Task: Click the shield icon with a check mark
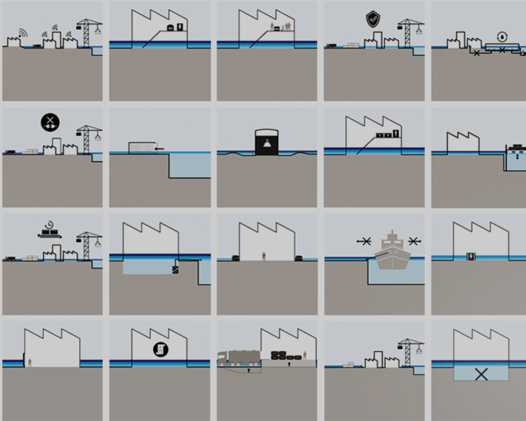pos(372,19)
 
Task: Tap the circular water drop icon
pos(502,36)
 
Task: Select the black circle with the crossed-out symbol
pos(50,122)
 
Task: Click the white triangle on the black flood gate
pos(267,142)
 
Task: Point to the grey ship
pos(392,251)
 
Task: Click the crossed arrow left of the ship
pos(364,241)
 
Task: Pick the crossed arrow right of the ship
pos(414,241)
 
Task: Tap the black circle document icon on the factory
pos(161,349)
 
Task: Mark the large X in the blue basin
pos(481,374)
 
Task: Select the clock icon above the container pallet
pos(50,225)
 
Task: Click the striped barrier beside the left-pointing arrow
pos(141,147)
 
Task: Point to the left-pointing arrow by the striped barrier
pos(159,149)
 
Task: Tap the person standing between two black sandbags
pos(264,256)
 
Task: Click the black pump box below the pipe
pos(175,270)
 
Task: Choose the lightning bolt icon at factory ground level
pos(471,256)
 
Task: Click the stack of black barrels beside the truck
pos(278,355)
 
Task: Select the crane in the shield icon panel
pos(408,33)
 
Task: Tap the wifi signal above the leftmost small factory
pos(23,33)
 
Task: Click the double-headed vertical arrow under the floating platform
pos(517,157)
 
